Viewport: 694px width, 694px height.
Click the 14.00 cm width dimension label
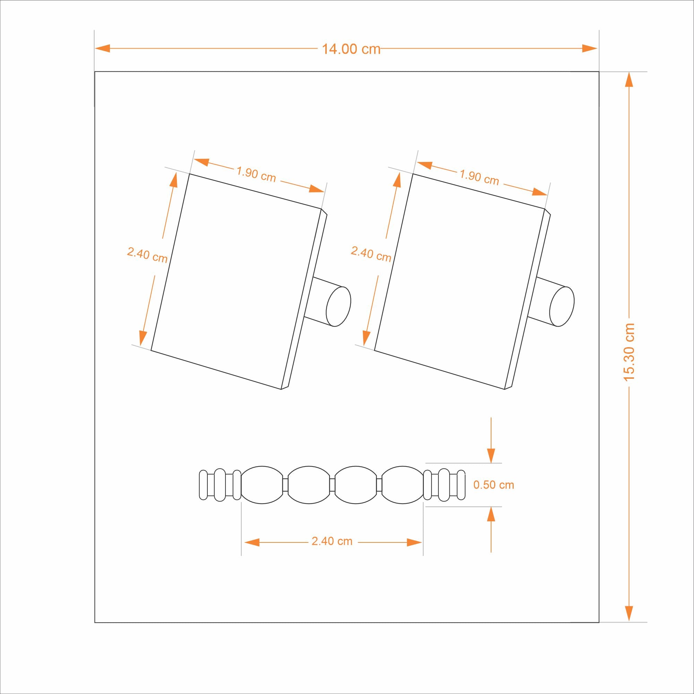(x=351, y=49)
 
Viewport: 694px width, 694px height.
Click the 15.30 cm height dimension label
(x=629, y=352)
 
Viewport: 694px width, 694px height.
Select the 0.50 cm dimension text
(x=494, y=485)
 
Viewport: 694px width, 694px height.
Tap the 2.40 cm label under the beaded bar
(x=332, y=541)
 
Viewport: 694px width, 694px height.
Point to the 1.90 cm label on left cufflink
(x=256, y=174)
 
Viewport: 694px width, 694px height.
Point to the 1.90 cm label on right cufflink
(x=480, y=177)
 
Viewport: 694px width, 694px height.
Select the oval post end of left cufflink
(x=338, y=306)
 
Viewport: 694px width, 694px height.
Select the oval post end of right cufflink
(x=562, y=306)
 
